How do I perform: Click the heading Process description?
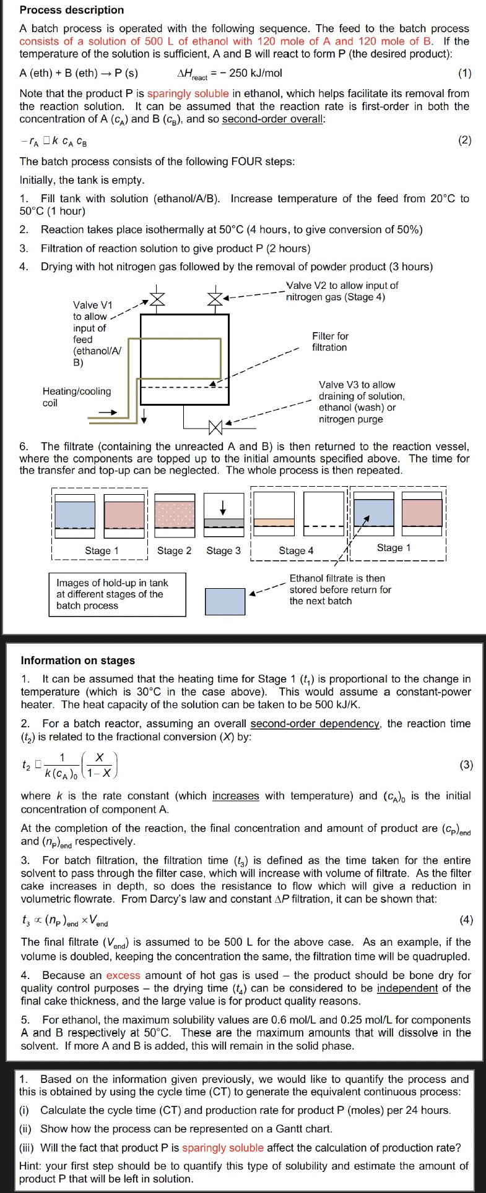72,10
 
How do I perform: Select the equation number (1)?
464,73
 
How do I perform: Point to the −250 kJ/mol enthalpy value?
255,73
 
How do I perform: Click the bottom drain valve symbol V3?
215,427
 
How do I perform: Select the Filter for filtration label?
330,341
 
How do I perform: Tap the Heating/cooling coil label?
77,397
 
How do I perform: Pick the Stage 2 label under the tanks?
174,550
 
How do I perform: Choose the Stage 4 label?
296,550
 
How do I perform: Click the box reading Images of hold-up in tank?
117,594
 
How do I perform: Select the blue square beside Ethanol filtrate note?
225,601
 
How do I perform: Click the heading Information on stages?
78,661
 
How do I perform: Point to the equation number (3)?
466,764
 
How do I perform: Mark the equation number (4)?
466,920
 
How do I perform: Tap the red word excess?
123,975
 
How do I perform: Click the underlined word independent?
407,988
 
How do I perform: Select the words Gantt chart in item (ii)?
306,1129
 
